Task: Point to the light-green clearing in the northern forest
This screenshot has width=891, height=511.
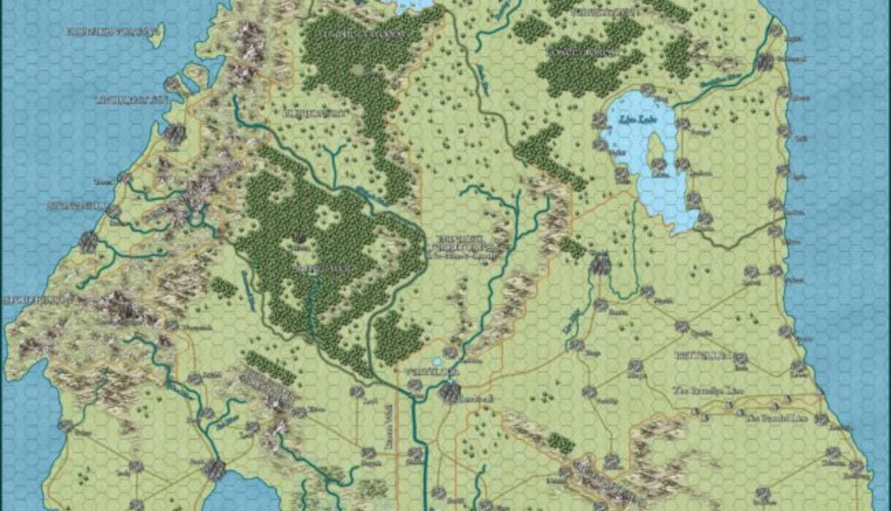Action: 359,71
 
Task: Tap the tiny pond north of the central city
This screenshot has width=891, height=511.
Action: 437,362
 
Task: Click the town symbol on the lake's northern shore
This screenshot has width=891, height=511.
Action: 600,121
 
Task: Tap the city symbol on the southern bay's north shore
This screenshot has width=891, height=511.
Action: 215,469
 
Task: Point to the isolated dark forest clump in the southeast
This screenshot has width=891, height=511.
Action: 561,443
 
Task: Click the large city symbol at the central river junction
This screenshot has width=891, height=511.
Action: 450,394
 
